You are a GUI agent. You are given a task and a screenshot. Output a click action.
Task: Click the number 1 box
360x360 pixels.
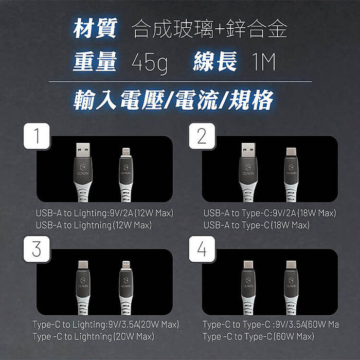36,136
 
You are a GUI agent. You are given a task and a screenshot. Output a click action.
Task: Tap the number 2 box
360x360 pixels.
201,136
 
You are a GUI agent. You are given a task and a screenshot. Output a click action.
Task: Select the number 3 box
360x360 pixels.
36,249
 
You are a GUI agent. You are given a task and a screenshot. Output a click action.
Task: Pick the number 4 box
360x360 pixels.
201,249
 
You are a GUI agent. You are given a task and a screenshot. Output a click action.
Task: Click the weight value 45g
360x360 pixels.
150,63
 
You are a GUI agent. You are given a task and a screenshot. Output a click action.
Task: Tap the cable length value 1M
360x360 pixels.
264,63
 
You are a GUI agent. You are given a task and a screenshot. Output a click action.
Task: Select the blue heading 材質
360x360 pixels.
96,29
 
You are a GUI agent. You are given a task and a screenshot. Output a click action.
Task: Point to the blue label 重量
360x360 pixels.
95,62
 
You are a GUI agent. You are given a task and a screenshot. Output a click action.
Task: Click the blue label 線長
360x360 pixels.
215,62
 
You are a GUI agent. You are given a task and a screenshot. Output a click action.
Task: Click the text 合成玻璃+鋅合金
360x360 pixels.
209,30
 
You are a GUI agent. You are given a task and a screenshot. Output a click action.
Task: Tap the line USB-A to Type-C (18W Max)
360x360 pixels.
256,225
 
